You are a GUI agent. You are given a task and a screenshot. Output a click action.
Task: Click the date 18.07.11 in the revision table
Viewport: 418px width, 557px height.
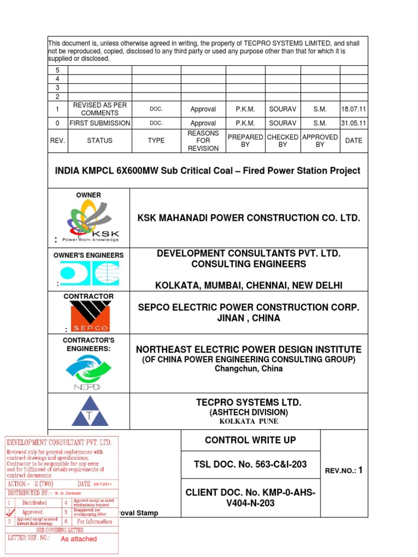(x=354, y=109)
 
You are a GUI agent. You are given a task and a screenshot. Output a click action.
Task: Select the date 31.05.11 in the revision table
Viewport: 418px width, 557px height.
(x=354, y=123)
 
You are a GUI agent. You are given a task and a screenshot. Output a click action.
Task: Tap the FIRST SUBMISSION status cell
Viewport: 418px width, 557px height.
(x=100, y=123)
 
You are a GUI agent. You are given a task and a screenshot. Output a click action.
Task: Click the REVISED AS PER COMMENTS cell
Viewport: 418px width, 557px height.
(x=100, y=109)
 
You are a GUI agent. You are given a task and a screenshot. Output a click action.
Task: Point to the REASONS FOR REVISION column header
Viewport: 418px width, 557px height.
(x=203, y=140)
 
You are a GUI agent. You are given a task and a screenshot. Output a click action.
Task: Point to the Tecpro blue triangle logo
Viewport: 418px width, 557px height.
(x=89, y=411)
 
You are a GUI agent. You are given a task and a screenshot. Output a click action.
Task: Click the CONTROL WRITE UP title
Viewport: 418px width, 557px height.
(x=250, y=440)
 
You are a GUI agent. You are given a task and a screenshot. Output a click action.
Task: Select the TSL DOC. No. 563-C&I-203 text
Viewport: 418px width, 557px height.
(x=250, y=464)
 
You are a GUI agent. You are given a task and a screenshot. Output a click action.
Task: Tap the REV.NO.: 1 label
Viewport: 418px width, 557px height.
(x=343, y=471)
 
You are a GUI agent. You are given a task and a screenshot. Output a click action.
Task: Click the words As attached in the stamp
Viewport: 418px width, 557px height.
(x=78, y=539)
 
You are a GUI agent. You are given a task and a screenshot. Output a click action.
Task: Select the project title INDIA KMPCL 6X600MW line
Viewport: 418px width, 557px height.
(x=207, y=170)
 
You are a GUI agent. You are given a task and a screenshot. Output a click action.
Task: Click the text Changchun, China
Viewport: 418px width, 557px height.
(x=248, y=368)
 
